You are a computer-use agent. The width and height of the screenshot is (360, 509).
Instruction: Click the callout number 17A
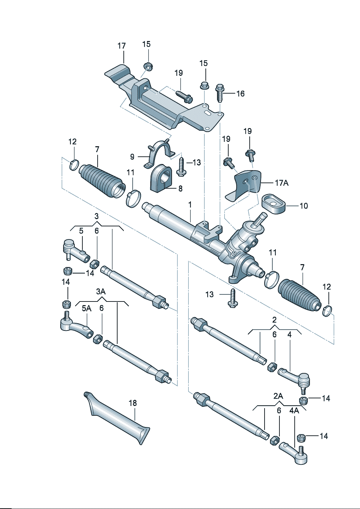(282, 183)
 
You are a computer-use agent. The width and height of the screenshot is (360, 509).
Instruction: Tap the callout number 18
(133, 403)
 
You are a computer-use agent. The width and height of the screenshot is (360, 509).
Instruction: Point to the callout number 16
(240, 94)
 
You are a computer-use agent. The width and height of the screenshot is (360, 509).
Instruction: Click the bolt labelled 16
(220, 93)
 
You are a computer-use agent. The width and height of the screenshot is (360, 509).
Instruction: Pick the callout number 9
(132, 157)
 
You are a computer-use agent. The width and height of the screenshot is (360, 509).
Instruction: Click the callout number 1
(190, 205)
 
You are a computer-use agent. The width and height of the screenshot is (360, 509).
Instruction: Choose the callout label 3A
(101, 292)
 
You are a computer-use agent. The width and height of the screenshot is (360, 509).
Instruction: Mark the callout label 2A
(278, 396)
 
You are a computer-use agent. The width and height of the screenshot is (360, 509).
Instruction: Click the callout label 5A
(86, 308)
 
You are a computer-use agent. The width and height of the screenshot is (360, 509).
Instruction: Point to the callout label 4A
(294, 410)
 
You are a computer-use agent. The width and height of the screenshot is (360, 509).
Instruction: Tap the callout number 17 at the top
(122, 46)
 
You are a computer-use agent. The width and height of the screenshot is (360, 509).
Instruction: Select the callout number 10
(303, 206)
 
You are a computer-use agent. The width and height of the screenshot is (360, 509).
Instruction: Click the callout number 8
(180, 189)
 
